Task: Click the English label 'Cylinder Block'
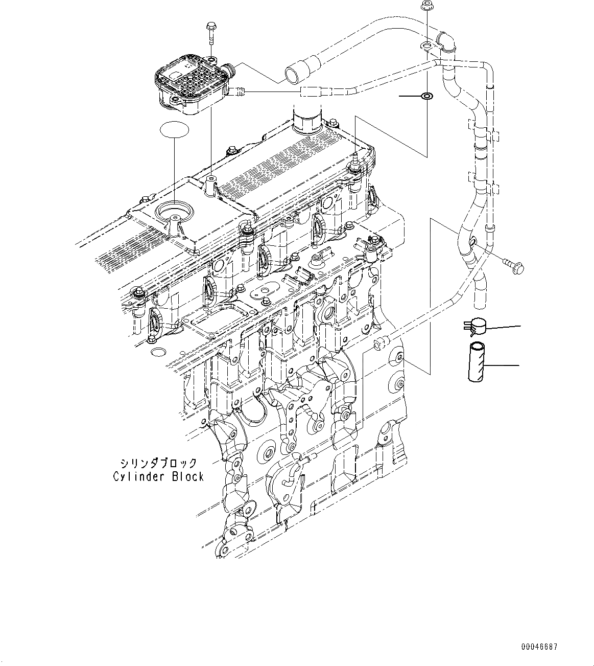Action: point(158,477)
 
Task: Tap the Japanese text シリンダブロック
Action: point(158,464)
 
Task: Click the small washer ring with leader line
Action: point(425,96)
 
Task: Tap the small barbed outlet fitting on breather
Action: point(240,92)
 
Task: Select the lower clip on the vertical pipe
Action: point(481,183)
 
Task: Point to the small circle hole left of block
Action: point(159,352)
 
